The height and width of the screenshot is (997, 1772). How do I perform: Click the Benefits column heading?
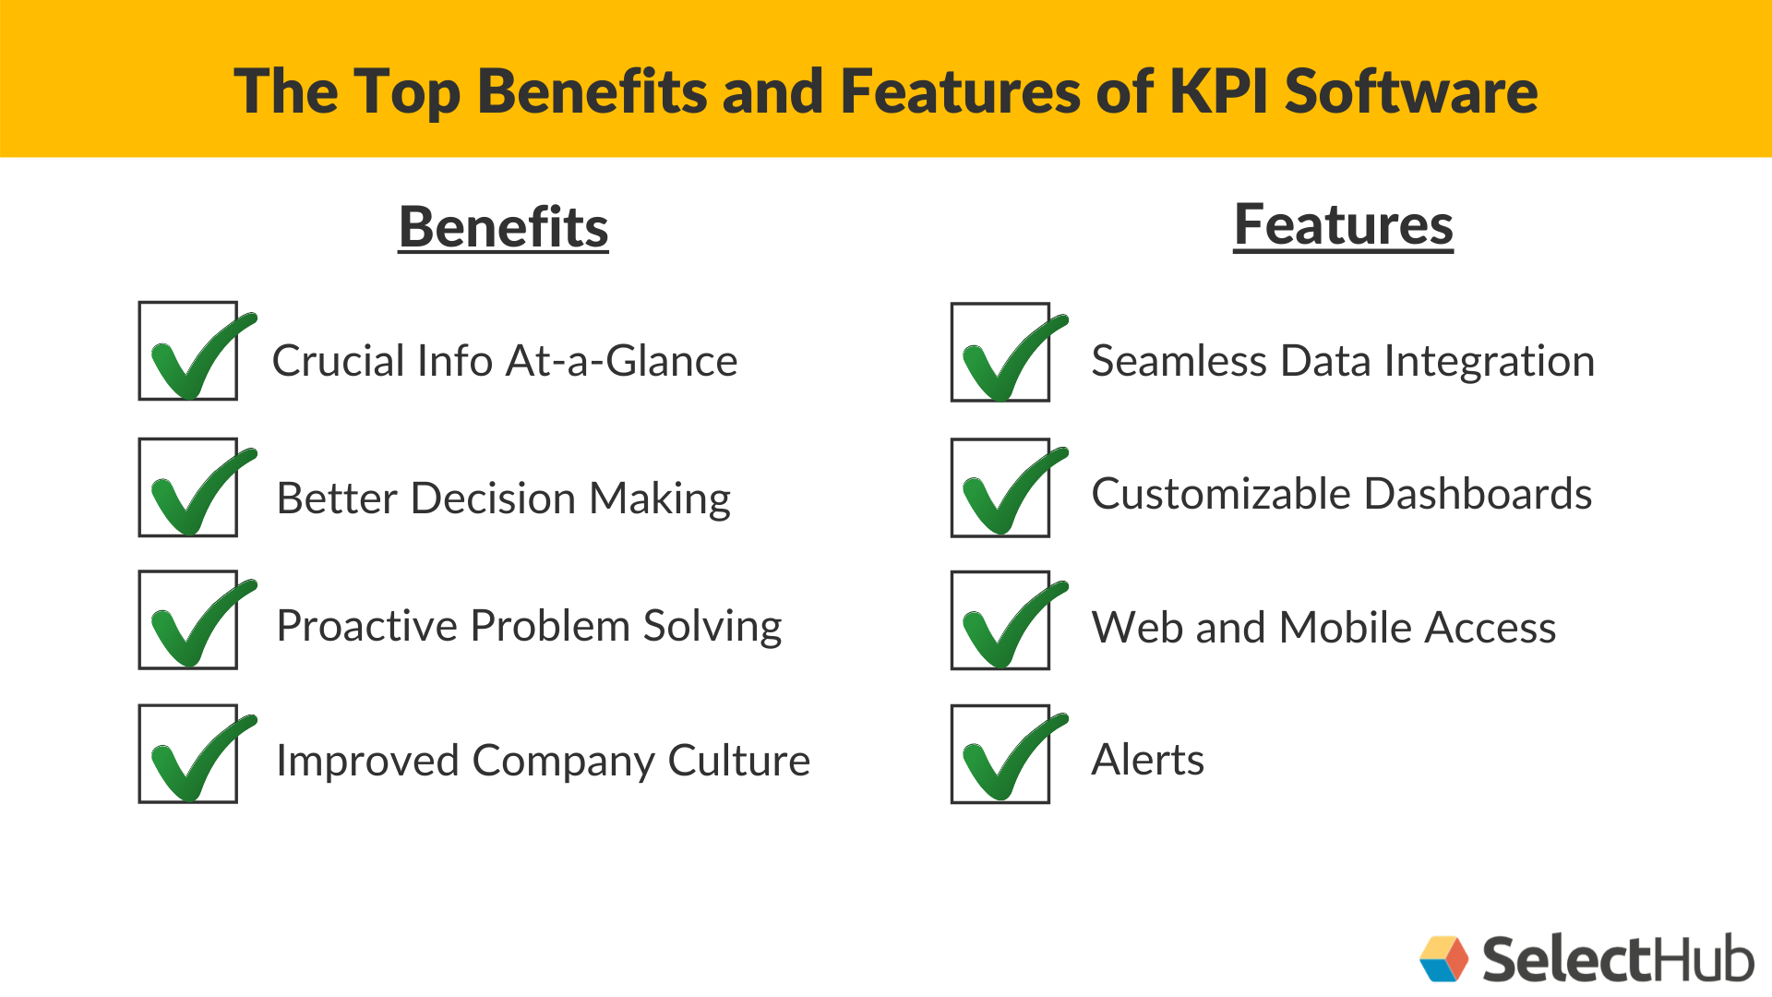pyautogui.click(x=503, y=227)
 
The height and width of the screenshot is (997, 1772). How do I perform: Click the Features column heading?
pyautogui.click(x=1343, y=225)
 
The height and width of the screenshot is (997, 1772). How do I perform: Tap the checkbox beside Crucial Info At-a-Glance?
pyautogui.click(x=188, y=351)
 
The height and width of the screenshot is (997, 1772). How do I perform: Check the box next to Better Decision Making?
pyautogui.click(x=188, y=487)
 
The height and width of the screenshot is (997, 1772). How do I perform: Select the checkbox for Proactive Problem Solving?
pyautogui.click(x=188, y=619)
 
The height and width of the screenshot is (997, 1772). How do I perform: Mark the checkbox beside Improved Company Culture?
pyautogui.click(x=188, y=754)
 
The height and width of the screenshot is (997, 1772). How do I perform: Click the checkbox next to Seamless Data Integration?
pyautogui.click(x=1000, y=353)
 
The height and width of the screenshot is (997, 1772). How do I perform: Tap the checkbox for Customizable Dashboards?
pyautogui.click(x=1000, y=488)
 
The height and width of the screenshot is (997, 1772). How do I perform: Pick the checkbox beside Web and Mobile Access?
pyautogui.click(x=1000, y=620)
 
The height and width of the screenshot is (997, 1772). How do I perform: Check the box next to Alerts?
pyautogui.click(x=1000, y=754)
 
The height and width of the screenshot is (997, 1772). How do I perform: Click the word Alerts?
pyautogui.click(x=1147, y=760)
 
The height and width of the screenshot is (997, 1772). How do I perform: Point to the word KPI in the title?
pyautogui.click(x=1218, y=91)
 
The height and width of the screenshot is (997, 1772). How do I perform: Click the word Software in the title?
pyautogui.click(x=1411, y=91)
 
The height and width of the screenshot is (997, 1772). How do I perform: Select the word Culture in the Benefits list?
pyautogui.click(x=738, y=761)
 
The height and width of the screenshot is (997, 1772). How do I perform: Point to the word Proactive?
pyautogui.click(x=367, y=626)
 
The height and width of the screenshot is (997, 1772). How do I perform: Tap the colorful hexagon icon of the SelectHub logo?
pyautogui.click(x=1443, y=959)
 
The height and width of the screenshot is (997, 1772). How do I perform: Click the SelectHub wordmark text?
pyautogui.click(x=1617, y=959)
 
